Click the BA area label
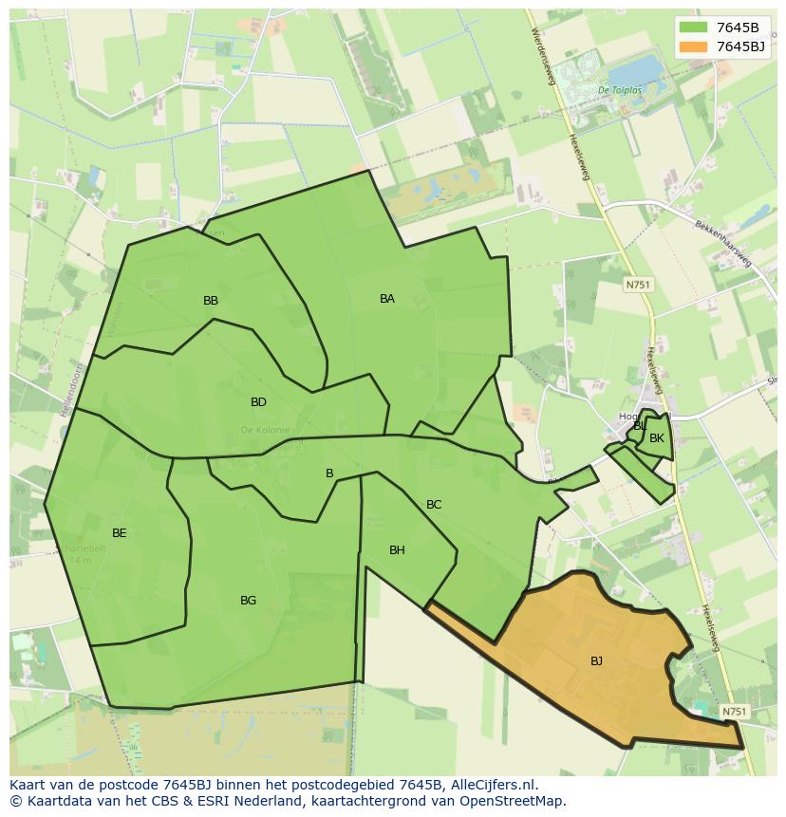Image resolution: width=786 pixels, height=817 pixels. (387, 299)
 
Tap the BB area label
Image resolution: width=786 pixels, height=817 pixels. (211, 301)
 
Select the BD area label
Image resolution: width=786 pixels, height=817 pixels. (258, 402)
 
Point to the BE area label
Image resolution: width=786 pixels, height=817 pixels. (119, 533)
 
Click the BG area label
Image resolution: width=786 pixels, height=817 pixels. (248, 601)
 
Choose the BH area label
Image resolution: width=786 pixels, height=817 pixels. (397, 550)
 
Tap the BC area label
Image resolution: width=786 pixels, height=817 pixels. (434, 505)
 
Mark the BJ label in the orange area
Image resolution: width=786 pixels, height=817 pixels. (596, 661)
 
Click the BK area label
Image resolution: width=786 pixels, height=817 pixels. (657, 438)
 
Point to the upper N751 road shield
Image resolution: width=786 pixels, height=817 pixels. (637, 285)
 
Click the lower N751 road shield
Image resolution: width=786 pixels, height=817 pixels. (734, 712)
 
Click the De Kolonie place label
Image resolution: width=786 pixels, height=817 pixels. (265, 430)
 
